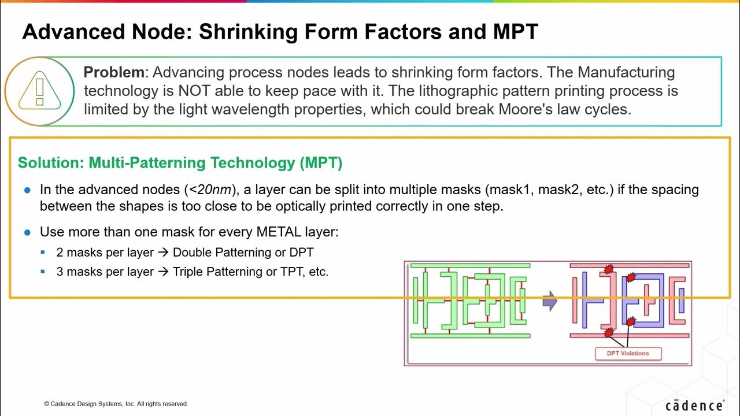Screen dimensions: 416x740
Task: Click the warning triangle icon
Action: [x=39, y=91]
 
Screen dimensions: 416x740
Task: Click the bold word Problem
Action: [x=114, y=73]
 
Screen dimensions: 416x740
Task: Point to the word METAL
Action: [x=275, y=232]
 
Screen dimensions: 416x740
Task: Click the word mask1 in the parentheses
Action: [x=509, y=190]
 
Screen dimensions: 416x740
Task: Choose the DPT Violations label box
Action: [x=628, y=353]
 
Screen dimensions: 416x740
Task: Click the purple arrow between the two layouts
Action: [x=550, y=301]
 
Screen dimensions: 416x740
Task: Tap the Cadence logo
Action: [x=693, y=406]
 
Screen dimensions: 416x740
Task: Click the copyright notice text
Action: [x=116, y=404]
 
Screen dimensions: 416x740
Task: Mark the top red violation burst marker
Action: [x=608, y=269]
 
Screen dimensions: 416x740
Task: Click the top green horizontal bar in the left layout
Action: [x=469, y=266]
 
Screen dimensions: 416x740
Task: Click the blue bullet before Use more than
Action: [x=27, y=233]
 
